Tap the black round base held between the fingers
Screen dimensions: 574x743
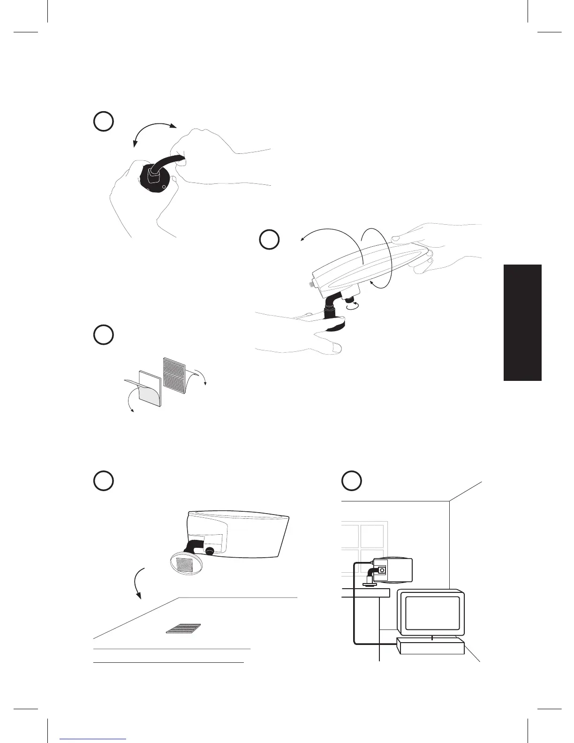(x=158, y=181)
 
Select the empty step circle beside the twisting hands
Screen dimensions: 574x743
(x=103, y=121)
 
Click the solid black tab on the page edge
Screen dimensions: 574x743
(x=522, y=323)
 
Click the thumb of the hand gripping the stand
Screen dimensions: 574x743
(x=334, y=347)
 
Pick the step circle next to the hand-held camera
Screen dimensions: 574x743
(x=270, y=239)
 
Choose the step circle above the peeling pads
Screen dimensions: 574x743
(x=103, y=335)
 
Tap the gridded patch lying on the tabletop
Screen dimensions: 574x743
(x=183, y=629)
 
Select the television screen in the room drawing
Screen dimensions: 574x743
(x=431, y=613)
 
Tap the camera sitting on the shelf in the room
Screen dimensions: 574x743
(x=391, y=569)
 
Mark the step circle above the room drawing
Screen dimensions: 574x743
(x=351, y=481)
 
